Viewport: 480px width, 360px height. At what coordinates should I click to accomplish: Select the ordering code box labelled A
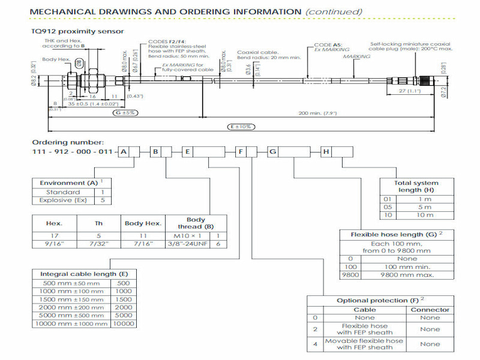(124, 152)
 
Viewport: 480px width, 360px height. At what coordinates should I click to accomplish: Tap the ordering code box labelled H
(326, 152)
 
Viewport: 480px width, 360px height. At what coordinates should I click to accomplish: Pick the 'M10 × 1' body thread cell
(188, 236)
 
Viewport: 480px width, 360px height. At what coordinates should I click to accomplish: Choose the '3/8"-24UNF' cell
(188, 244)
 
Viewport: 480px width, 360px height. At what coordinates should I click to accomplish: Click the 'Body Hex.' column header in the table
(142, 223)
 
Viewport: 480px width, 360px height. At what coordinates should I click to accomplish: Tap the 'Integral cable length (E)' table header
(83, 274)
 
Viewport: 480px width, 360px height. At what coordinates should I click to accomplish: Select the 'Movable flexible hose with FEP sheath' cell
(365, 344)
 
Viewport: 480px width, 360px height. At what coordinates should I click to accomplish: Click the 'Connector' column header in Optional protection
(430, 310)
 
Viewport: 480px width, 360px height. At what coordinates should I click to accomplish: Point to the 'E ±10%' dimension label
(239, 127)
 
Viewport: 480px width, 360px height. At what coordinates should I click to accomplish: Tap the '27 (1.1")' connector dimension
(409, 92)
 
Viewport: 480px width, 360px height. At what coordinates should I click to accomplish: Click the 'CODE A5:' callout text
(328, 44)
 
